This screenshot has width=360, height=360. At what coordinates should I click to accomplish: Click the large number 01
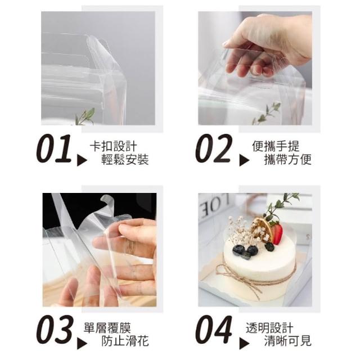click(x=54, y=148)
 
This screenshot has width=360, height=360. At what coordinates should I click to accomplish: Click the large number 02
click(x=214, y=148)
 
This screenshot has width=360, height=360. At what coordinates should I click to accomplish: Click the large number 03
click(x=55, y=330)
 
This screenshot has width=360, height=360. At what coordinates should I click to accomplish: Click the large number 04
click(x=214, y=330)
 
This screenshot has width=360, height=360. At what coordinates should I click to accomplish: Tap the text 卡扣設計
click(x=114, y=146)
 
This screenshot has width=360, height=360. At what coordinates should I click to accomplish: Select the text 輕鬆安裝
click(x=125, y=160)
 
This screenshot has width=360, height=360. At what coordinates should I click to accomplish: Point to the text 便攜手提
click(x=276, y=146)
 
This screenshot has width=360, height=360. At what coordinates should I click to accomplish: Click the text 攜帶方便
click(x=287, y=160)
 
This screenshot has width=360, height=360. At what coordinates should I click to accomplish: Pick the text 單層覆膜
click(x=107, y=327)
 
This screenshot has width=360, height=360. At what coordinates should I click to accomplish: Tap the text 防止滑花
click(x=125, y=341)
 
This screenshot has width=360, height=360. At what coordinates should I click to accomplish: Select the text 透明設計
click(x=269, y=327)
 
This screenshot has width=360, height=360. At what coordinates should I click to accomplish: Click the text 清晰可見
click(x=287, y=341)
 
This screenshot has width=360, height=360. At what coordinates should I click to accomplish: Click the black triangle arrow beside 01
click(x=82, y=160)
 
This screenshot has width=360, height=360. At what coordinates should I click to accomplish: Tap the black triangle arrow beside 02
click(x=244, y=160)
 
